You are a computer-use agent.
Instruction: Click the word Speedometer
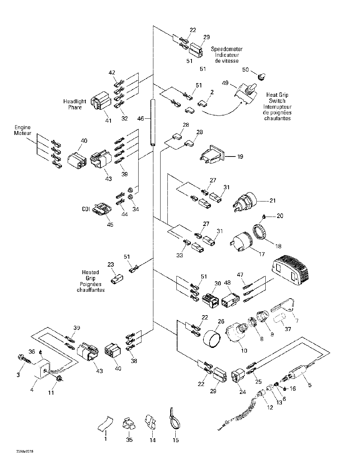[227, 49]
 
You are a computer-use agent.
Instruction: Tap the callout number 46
[140, 118]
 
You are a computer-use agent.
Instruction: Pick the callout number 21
[273, 200]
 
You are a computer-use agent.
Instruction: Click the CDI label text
[86, 209]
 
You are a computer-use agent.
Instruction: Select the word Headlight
[75, 101]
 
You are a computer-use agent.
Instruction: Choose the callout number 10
[244, 351]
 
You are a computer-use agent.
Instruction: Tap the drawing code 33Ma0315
[25, 452]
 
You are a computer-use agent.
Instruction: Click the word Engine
[23, 127]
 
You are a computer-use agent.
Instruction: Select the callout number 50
[246, 70]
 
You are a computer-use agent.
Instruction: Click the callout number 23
[111, 264]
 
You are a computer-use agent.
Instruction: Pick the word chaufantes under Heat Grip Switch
[278, 118]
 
